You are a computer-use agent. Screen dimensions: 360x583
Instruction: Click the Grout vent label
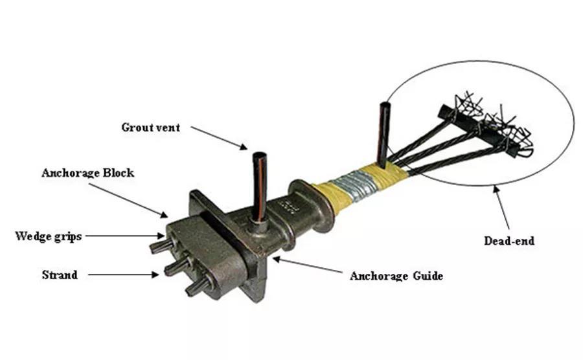(x=150, y=127)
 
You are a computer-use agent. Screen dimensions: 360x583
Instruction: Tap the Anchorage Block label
(x=87, y=173)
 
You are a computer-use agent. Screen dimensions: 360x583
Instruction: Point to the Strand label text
(x=60, y=275)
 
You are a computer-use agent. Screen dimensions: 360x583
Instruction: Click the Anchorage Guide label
(x=396, y=276)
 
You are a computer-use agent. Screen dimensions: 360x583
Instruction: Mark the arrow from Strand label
(x=123, y=275)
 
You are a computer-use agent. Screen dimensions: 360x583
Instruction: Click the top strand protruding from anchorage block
(x=159, y=246)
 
